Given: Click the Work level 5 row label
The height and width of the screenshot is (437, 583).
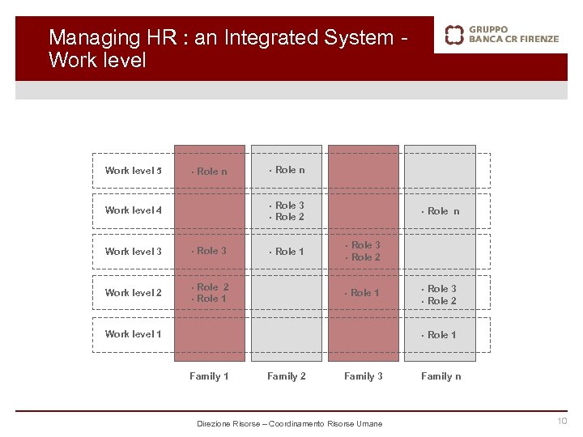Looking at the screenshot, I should coord(134,171).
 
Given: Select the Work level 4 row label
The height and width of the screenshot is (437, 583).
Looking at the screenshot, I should coord(134,210).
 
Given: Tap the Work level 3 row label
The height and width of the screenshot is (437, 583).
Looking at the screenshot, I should coord(134,252).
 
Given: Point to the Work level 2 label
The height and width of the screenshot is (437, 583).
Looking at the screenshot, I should coord(134,293).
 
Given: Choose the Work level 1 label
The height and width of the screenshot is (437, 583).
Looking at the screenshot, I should coord(134,334).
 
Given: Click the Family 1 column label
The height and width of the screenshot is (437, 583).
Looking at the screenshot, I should coord(209,376).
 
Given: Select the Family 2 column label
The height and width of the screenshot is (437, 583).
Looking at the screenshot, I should coord(287,376).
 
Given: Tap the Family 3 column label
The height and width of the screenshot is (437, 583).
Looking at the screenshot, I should coord(364,376).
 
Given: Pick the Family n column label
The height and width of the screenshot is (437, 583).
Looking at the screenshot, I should coord(441,376).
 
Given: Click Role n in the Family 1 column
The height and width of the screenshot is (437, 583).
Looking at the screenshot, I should coord(211,172).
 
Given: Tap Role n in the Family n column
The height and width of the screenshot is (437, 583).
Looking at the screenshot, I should coord(443,211).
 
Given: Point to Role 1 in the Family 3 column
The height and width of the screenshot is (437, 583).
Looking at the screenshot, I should coord(365,293).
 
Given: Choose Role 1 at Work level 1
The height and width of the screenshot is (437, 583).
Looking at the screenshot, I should coord(441,335).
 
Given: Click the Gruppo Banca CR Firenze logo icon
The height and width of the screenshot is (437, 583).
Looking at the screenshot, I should coord(454,34).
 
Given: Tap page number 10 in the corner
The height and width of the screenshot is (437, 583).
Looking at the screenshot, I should coord(562,421).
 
